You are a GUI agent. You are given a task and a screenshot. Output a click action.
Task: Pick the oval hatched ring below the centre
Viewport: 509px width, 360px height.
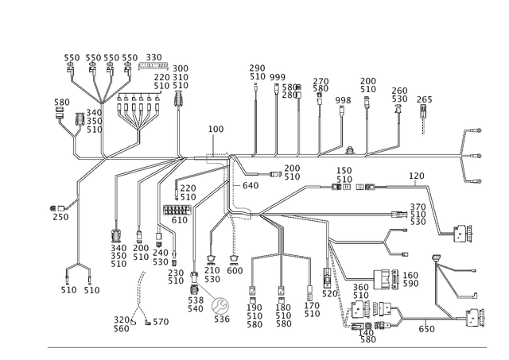pos(195,277)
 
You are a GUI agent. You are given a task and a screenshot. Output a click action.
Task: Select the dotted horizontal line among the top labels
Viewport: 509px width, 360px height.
pos(154,64)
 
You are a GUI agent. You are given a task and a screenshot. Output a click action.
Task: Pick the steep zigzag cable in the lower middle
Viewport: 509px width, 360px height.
pos(340,286)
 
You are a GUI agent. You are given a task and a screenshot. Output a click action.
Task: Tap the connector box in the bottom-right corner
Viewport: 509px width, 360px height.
pos(476,318)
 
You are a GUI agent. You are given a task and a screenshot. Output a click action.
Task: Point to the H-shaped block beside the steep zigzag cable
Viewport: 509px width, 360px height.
pos(326,278)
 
